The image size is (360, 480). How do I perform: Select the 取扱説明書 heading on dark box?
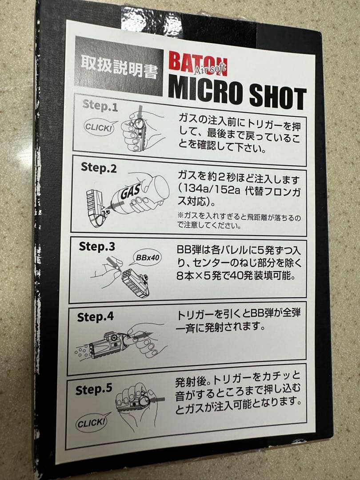[119, 71]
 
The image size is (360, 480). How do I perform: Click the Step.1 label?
[100, 107]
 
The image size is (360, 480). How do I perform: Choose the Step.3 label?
[96, 246]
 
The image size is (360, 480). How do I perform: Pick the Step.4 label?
[95, 317]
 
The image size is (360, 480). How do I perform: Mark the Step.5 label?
[93, 390]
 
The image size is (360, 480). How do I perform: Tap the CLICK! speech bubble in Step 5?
[91, 423]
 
